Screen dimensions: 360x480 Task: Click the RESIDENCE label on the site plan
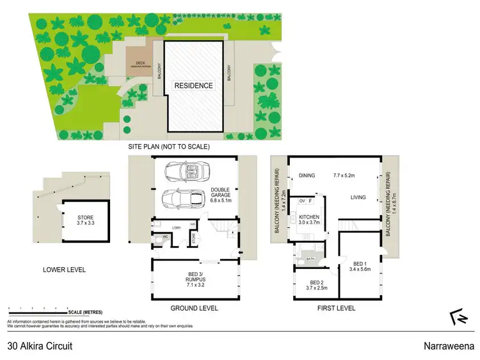(x=194, y=85)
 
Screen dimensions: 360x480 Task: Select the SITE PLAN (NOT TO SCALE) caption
(x=169, y=147)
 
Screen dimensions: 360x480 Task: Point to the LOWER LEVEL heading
(x=64, y=270)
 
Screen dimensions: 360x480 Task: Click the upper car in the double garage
(x=186, y=171)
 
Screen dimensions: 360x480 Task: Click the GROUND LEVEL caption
(x=194, y=308)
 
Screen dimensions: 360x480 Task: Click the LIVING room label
(x=358, y=197)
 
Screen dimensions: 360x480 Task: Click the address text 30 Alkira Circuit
(x=40, y=346)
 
